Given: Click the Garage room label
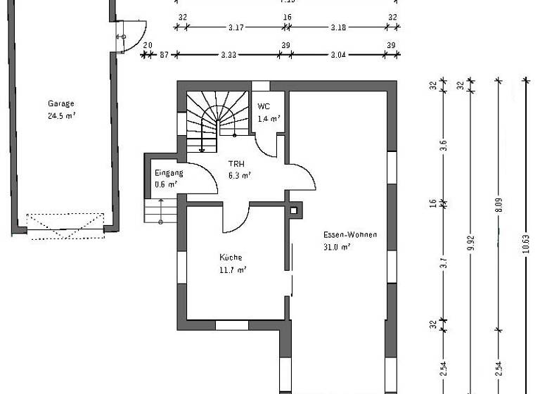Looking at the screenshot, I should coord(61,103).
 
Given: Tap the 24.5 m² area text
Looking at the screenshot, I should coord(61,116).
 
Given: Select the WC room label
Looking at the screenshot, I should coord(264,106).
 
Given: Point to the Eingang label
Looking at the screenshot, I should coord(169,172).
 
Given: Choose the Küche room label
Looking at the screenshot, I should coord(231,258).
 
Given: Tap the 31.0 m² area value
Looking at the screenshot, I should coord(337,247).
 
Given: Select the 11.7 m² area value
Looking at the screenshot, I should coord(232,270).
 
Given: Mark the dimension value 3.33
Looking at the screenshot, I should coord(228,54).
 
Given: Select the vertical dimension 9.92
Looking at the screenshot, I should coord(470,243).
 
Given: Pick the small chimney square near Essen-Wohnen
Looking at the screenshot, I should coord(294,210).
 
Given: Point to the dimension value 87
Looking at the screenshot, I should coord(164,54).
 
